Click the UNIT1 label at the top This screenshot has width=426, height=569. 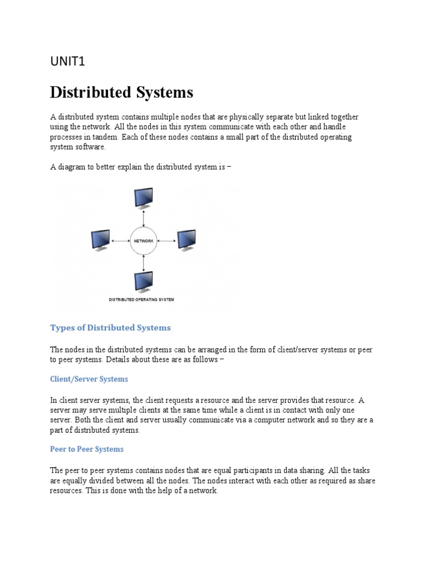pos(67,62)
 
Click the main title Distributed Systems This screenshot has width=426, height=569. pos(121,92)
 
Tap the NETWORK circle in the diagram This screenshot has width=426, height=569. pos(144,241)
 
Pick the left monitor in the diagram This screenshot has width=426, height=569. pos(100,240)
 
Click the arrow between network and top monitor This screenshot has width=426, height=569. pos(144,219)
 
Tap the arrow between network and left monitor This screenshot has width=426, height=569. pos(120,241)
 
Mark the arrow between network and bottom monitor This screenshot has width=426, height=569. pos(144,262)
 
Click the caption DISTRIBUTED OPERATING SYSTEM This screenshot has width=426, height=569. pos(141,300)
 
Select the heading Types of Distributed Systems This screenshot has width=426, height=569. pos(110,328)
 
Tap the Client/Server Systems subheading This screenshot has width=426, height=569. pos(89,379)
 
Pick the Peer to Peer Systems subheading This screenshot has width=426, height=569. pos(87,449)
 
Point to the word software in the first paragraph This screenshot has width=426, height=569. pos(91,147)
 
